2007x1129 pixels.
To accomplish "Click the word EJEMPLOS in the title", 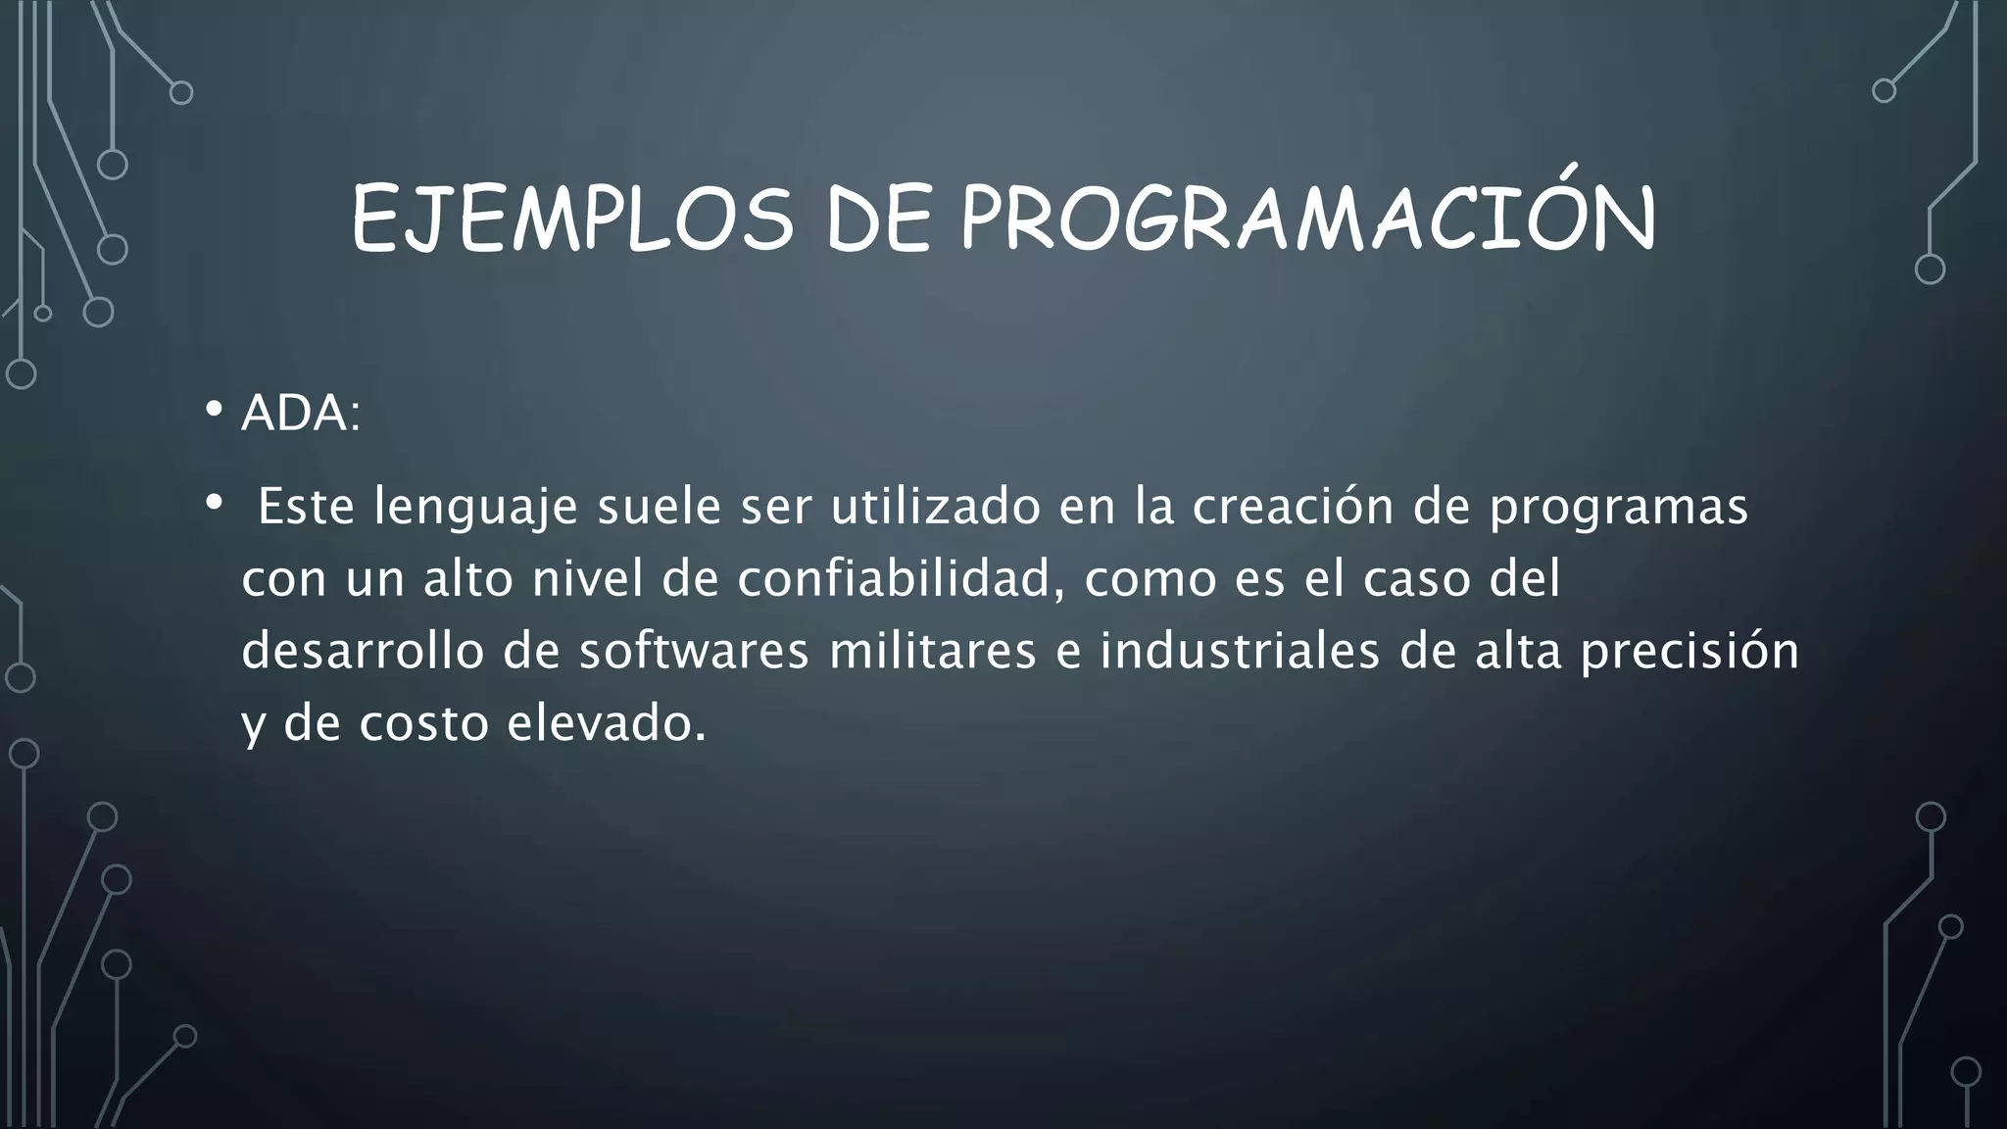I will (571, 220).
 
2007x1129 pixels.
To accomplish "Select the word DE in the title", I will (877, 220).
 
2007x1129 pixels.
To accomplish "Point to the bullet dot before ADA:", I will (214, 409).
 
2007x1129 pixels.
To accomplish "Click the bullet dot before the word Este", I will (214, 503).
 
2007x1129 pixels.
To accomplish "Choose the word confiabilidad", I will (901, 579).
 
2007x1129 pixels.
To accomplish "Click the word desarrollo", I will (363, 652).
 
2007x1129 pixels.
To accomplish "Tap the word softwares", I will (694, 652).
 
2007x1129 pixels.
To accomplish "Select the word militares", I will (932, 652).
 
